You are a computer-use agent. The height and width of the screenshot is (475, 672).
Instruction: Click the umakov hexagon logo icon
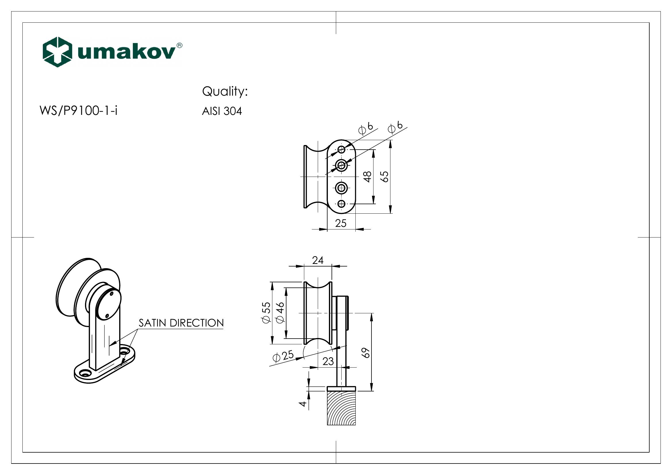57,52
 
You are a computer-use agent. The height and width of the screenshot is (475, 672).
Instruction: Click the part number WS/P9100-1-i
78,111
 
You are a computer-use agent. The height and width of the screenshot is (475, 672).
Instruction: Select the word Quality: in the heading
225,92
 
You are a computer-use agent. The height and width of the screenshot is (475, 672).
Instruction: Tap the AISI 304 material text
222,111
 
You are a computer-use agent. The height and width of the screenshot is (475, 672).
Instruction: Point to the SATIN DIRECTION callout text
181,323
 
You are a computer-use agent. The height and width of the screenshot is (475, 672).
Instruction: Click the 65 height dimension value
385,176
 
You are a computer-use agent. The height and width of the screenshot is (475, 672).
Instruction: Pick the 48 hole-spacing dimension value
368,177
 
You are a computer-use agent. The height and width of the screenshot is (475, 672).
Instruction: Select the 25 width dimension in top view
341,223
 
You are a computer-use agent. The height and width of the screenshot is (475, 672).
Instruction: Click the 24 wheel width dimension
317,260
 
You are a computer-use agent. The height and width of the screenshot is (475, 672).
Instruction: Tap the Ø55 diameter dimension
266,312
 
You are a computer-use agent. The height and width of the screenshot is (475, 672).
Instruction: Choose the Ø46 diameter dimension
280,312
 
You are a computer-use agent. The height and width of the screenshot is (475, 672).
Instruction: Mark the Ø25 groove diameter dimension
283,356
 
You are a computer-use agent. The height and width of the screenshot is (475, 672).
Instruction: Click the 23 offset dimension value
328,362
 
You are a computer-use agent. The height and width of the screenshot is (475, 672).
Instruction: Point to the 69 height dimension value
366,353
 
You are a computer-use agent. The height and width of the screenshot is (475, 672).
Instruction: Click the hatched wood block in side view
341,408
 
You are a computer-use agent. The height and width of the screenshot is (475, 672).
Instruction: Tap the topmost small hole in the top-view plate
341,150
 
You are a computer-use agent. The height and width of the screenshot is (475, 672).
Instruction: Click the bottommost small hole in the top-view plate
341,204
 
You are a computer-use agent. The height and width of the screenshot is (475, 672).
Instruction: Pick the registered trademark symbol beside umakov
179,45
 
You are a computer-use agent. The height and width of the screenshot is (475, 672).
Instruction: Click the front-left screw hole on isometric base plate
86,374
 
